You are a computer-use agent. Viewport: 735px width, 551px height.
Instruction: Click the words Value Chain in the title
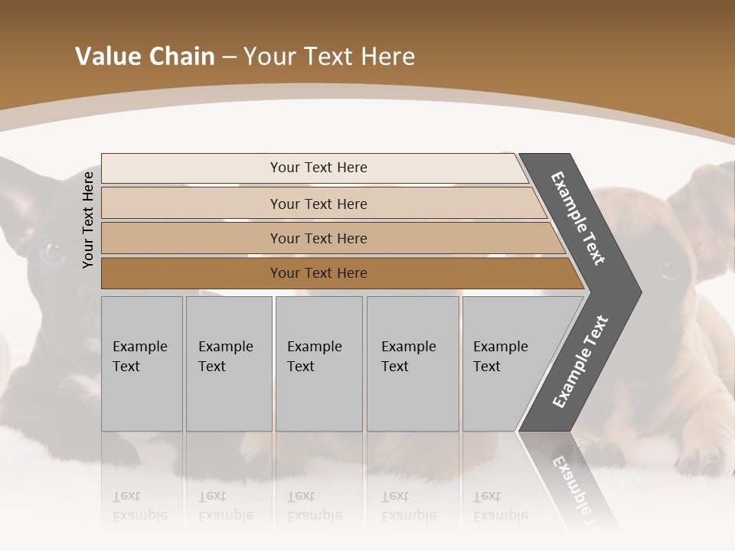pos(145,57)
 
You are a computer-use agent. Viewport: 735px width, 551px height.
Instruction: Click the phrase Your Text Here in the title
pos(329,57)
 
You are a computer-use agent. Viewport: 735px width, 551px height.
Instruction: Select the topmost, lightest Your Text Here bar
pos(318,168)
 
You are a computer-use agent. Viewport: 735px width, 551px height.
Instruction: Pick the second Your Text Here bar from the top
pos(318,204)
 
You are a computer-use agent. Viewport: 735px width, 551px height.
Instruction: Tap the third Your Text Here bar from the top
pos(318,238)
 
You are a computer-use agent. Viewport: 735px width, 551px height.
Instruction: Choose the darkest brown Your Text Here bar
pos(318,273)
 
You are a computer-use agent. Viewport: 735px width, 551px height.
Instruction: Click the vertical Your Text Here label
pos(88,220)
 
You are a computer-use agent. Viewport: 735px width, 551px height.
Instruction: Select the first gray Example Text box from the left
pos(142,363)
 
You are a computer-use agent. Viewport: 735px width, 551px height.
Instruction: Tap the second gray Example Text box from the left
pos(228,363)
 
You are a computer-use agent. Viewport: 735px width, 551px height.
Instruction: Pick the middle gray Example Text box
pos(318,363)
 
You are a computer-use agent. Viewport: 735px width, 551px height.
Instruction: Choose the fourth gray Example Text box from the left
pos(412,363)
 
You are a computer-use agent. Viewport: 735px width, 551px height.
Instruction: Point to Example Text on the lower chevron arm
pos(580,361)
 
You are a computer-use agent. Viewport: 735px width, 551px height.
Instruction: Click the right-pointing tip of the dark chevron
pos(635,292)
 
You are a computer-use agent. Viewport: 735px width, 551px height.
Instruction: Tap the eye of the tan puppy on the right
pos(671,269)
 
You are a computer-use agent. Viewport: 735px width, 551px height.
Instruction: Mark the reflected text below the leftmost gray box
pos(140,507)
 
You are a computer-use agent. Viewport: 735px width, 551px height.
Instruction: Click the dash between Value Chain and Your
pos(229,57)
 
